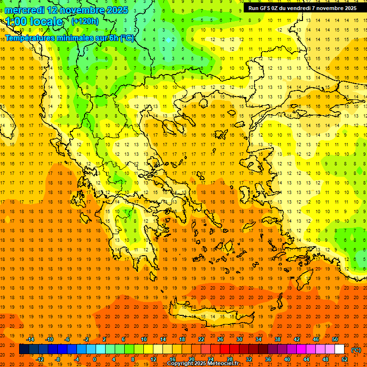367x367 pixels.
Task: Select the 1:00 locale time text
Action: pos(34,22)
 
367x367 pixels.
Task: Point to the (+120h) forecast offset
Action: pos(85,21)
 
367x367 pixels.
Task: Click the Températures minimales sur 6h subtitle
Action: pos(69,38)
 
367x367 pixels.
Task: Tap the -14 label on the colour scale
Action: pos(30,339)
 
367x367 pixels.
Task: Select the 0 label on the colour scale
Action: pos(94,359)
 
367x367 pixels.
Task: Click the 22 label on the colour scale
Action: pos(202,339)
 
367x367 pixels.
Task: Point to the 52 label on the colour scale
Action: pos(345,359)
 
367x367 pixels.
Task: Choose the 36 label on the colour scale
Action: pos(268,359)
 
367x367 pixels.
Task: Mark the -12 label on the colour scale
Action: pos(40,359)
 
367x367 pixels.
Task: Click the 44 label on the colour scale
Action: pos(306,359)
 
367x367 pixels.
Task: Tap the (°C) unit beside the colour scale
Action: pos(356,350)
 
